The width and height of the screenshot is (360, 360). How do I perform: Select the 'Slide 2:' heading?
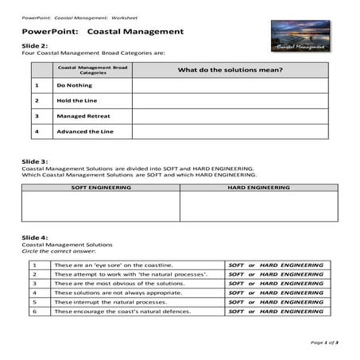pos(35,46)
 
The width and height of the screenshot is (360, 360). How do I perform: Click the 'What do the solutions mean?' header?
pos(230,70)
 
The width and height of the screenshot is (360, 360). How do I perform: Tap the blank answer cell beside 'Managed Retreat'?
pos(230,116)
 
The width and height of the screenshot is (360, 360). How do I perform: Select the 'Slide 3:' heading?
pos(35,161)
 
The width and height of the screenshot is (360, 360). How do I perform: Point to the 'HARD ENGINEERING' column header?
pos(258,188)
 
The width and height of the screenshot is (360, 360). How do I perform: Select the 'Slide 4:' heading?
pos(35,237)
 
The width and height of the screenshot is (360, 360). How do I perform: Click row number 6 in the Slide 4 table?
pos(34,312)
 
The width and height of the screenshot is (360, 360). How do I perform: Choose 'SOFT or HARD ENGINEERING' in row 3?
pos(276,284)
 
